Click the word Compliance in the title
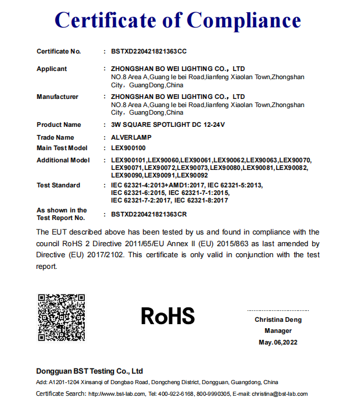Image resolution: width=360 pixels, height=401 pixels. (244, 21)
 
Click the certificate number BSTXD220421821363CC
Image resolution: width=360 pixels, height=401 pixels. (149, 52)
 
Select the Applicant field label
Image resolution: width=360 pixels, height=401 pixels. (52, 69)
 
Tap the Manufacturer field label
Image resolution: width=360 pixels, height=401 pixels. (58, 97)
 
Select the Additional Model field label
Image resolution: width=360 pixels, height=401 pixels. (63, 160)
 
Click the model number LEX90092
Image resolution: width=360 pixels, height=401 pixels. (193, 175)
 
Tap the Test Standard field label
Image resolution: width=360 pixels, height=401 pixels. (58, 185)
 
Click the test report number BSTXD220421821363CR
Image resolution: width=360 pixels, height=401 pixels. (149, 214)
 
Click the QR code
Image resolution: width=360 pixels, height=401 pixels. (62, 317)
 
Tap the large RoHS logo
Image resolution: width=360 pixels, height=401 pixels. (168, 316)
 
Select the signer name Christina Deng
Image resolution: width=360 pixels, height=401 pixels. (278, 320)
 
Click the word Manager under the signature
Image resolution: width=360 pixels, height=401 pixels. (278, 331)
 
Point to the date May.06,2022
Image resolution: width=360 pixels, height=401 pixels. (278, 342)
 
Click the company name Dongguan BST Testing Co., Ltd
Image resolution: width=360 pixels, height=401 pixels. (90, 371)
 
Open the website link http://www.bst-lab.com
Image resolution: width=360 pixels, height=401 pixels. (116, 394)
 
